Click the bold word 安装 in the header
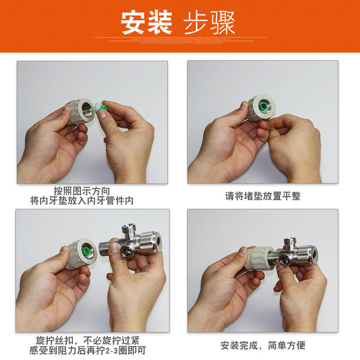click(147, 23)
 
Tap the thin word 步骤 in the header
click(209, 23)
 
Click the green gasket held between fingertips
click(100, 108)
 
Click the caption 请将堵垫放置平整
click(263, 196)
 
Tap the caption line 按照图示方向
click(82, 191)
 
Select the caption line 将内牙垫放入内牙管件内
click(82, 201)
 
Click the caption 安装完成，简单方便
click(263, 345)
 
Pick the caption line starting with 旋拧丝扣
click(88, 340)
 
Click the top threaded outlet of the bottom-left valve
click(129, 229)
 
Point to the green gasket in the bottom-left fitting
click(87, 251)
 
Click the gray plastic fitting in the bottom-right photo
click(261, 259)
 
